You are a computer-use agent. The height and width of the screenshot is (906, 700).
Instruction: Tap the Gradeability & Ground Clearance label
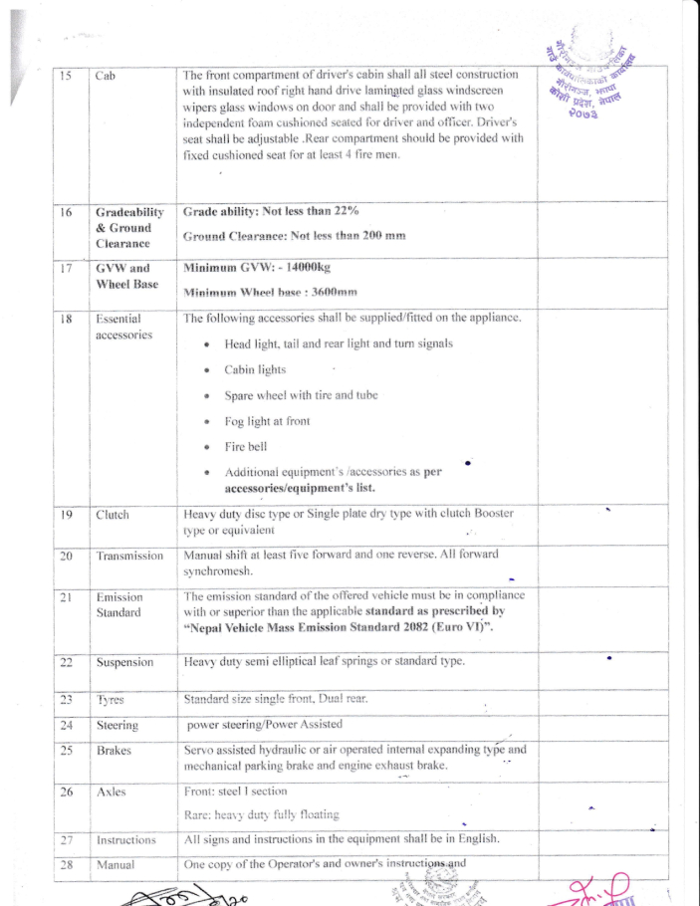click(128, 228)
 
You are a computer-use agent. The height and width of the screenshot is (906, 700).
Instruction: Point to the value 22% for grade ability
click(345, 212)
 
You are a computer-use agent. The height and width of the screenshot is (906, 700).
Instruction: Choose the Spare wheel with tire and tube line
click(301, 395)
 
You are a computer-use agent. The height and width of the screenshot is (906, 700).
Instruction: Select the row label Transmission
click(129, 556)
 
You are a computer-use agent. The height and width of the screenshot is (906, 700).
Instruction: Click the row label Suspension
click(124, 662)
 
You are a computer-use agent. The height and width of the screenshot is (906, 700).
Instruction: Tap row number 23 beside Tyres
click(65, 700)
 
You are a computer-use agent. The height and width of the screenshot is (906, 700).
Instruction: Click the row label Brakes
click(114, 750)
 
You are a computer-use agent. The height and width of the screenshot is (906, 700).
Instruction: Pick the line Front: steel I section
click(236, 791)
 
